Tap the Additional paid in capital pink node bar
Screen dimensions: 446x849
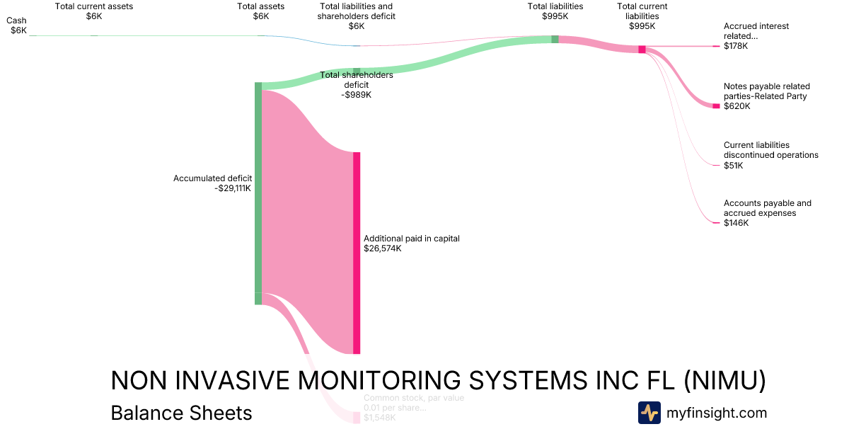[x=357, y=253]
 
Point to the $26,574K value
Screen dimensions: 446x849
[x=383, y=248]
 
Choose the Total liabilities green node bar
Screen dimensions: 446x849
[x=555, y=39]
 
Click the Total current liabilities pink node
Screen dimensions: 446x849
[x=642, y=49]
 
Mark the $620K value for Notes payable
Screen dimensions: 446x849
[x=737, y=106]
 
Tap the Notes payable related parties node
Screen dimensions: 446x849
[x=716, y=106]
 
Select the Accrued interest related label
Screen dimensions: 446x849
[x=756, y=31]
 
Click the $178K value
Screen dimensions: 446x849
[x=736, y=46]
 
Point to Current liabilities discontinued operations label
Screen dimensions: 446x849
[x=770, y=150]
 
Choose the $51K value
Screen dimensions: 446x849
[x=734, y=166]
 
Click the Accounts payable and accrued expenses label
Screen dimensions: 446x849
[x=767, y=208]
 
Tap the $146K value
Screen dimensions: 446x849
[x=736, y=223]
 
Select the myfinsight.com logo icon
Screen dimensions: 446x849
[x=649, y=413]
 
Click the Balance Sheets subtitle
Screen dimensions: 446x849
[x=181, y=413]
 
